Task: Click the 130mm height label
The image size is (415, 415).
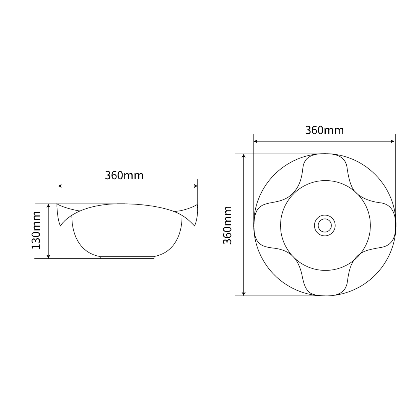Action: click(36, 230)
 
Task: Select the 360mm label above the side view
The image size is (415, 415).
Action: click(124, 175)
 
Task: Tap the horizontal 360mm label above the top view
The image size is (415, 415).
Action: click(324, 130)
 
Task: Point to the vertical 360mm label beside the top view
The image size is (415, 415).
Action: click(227, 225)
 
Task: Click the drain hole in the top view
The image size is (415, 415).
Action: click(325, 225)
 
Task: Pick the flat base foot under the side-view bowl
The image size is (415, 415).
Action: click(127, 258)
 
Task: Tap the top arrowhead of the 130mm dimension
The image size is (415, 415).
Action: click(49, 206)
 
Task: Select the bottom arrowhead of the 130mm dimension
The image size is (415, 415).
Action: click(49, 257)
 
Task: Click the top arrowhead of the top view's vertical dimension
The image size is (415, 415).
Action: click(244, 156)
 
